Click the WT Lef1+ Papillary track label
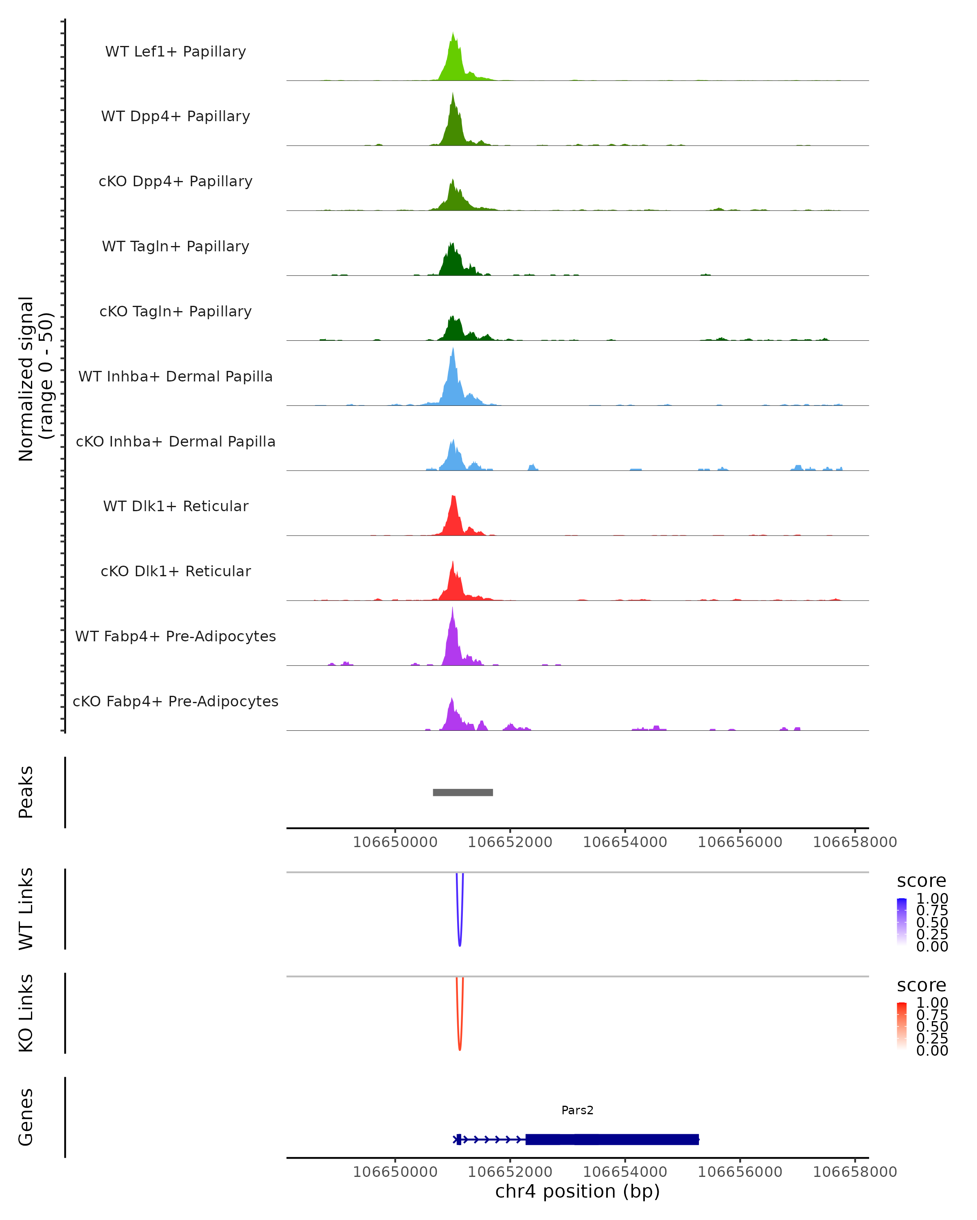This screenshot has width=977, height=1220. click(x=175, y=52)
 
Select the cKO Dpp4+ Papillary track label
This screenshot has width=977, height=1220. click(x=175, y=182)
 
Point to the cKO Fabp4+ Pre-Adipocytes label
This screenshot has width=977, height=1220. click(x=175, y=701)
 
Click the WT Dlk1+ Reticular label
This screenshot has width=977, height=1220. click(x=175, y=506)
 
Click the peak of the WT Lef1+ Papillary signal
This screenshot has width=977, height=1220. click(x=453, y=34)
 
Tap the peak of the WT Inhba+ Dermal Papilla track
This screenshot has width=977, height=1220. click(x=453, y=349)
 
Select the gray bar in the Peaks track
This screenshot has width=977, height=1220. click(x=463, y=792)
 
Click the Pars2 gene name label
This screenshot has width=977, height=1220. click(x=577, y=1110)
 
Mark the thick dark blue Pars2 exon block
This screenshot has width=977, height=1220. click(x=612, y=1139)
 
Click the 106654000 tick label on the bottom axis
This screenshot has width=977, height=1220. click(x=625, y=1172)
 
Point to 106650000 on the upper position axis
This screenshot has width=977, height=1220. click(x=395, y=843)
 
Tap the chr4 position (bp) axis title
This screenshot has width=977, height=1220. click(x=577, y=1192)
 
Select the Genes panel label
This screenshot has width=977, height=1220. click(x=26, y=1117)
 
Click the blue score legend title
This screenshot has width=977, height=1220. click(x=921, y=881)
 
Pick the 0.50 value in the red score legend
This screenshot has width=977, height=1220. click(x=932, y=1026)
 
